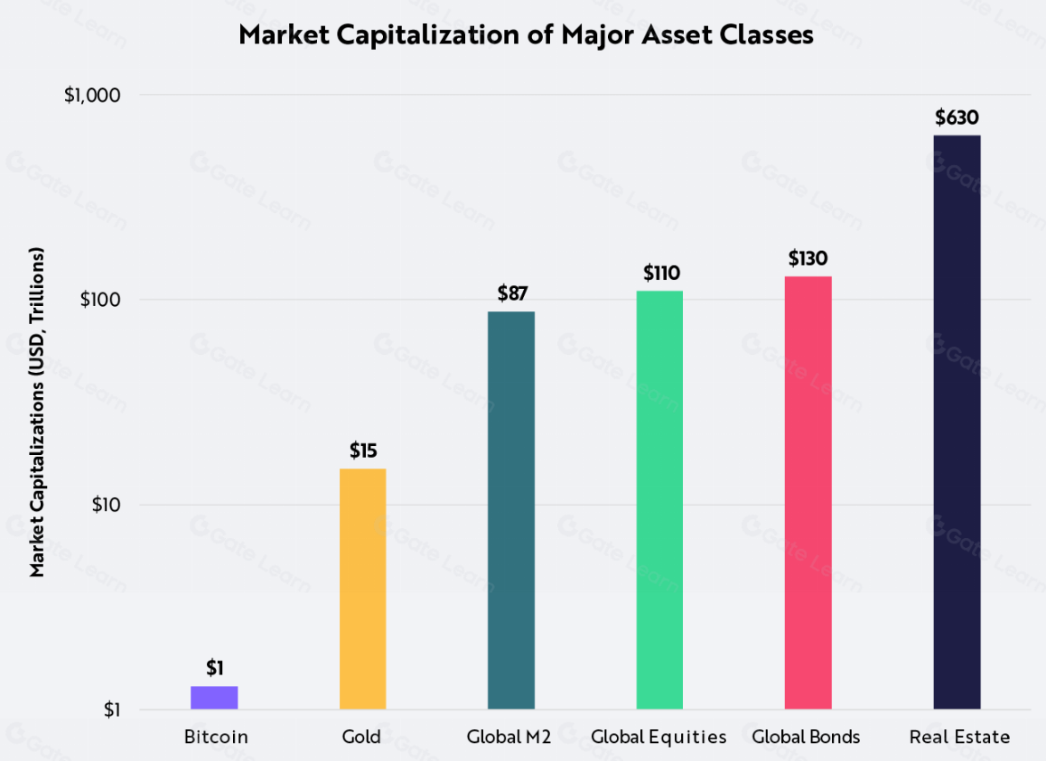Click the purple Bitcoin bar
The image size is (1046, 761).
[214, 698]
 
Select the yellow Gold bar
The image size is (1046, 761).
[362, 589]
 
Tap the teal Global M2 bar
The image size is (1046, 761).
[511, 510]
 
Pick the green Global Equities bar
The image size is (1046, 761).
[659, 499]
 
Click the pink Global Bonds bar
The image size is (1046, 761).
[808, 492]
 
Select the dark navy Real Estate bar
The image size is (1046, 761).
[957, 422]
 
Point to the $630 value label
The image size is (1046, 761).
[957, 117]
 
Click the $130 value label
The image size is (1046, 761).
[808, 259]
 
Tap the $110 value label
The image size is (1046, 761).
[660, 273]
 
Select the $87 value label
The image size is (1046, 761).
[512, 293]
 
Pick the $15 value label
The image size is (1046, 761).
[363, 450]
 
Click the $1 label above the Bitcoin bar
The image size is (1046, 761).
[214, 668]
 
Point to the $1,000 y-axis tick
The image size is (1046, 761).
[92, 96]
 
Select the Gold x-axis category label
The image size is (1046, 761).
[361, 738]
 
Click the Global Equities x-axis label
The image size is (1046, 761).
[658, 738]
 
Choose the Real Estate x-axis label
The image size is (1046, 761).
[959, 738]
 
